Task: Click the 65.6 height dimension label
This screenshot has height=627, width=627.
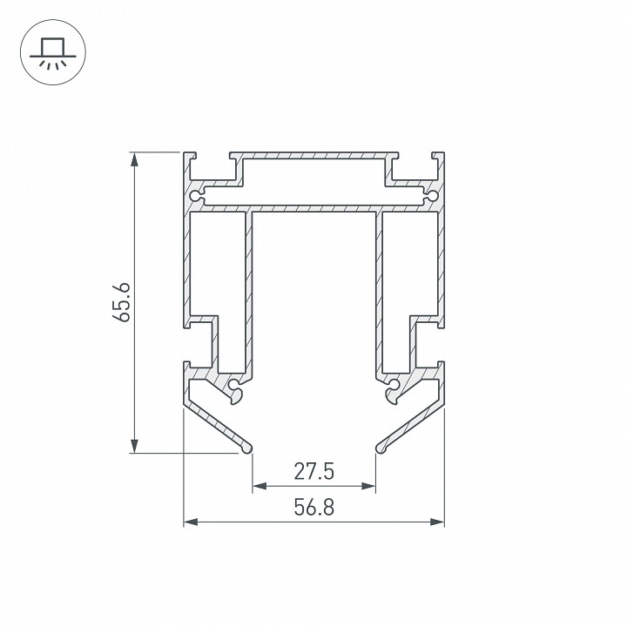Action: (x=121, y=302)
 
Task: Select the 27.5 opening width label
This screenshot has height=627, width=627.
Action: (x=313, y=471)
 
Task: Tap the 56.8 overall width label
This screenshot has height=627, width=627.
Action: (x=313, y=508)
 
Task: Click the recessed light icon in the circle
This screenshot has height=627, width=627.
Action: (x=53, y=53)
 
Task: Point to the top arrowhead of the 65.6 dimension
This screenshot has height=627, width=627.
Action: (x=135, y=159)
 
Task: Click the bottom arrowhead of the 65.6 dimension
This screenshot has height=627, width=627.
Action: (x=135, y=446)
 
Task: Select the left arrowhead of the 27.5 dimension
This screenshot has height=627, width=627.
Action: (x=260, y=486)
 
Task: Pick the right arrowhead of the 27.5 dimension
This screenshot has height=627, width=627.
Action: (x=368, y=486)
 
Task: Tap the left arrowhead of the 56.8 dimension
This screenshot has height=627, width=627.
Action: (x=191, y=522)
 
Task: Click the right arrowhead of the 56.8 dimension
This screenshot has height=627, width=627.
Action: (x=437, y=522)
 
